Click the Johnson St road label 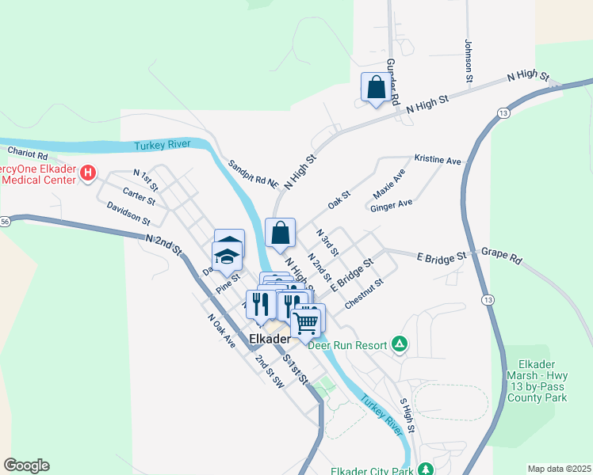[469, 59]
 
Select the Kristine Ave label [438, 161]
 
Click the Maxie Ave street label [389, 184]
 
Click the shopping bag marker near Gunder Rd [376, 87]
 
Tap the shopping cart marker [307, 321]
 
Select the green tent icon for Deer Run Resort [401, 344]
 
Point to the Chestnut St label [364, 293]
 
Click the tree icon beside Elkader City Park [427, 469]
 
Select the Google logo [26, 465]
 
